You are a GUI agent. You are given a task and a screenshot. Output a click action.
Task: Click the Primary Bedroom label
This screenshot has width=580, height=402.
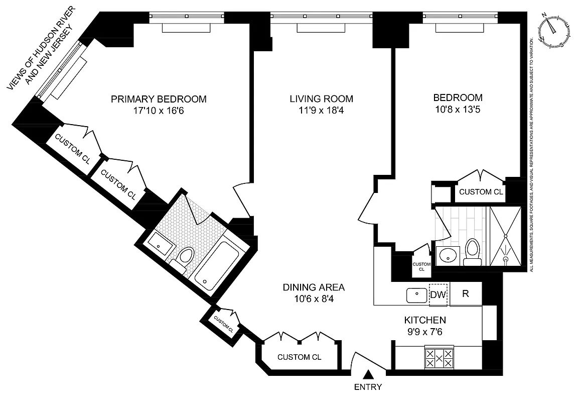click(159, 98)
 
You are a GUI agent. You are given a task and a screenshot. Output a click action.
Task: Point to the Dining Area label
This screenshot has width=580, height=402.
click(314, 287)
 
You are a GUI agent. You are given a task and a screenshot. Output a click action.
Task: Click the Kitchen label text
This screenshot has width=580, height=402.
click(425, 320)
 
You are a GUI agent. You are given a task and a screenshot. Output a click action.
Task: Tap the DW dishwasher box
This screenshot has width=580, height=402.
click(438, 294)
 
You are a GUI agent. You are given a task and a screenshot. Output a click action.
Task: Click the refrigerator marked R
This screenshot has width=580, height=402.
click(465, 294)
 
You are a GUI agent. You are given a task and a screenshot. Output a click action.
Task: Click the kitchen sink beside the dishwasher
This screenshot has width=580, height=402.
click(416, 295)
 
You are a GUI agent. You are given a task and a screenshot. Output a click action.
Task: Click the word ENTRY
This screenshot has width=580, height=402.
click(368, 387)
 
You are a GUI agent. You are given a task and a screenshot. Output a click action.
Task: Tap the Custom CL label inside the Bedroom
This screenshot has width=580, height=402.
click(481, 191)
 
